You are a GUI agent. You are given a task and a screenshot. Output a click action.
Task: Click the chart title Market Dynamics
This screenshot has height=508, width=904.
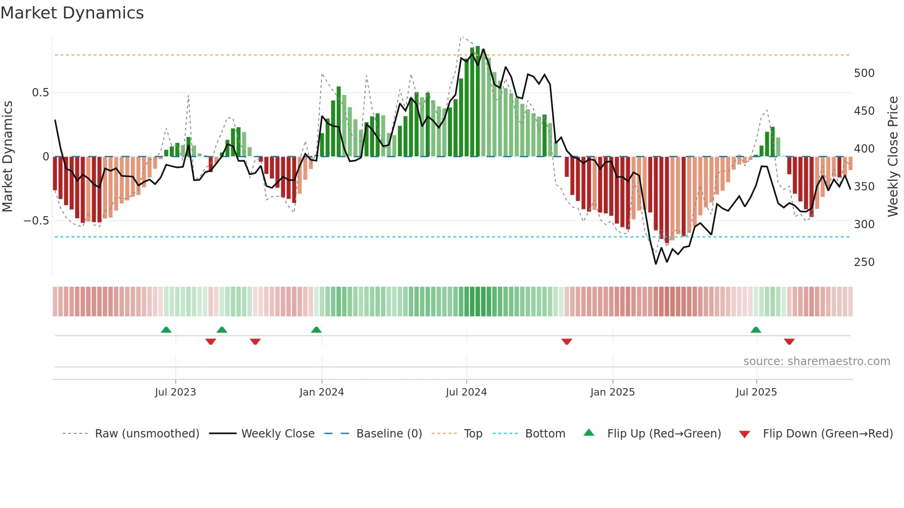(x=72, y=13)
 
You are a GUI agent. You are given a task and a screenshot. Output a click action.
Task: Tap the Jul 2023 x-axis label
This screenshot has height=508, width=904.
(x=175, y=392)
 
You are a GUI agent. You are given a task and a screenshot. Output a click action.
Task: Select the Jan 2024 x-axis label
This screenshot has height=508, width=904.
(x=321, y=392)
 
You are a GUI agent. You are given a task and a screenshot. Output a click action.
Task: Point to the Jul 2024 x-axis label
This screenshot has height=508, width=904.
(x=466, y=392)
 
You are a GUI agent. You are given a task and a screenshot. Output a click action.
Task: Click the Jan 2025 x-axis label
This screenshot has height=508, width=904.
(x=613, y=392)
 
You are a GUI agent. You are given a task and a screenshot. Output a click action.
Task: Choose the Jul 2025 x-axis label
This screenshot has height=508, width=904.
(x=756, y=392)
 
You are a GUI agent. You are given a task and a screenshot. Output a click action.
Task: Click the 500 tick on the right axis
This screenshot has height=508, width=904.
(x=864, y=73)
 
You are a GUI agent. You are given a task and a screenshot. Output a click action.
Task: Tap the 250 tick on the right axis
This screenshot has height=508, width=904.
(x=864, y=262)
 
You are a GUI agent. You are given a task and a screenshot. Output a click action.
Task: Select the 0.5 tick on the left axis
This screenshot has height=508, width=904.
(x=40, y=93)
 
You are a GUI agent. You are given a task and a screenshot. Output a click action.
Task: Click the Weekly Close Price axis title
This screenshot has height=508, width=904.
(x=893, y=157)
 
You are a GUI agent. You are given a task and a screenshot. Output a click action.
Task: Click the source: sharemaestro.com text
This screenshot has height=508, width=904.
(x=817, y=361)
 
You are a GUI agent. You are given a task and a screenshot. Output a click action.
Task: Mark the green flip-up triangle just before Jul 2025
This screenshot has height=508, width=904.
(x=755, y=330)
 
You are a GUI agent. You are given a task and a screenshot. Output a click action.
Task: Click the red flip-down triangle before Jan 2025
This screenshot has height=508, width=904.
(x=567, y=342)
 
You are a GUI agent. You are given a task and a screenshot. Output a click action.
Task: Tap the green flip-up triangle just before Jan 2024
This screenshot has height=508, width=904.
(x=316, y=330)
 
